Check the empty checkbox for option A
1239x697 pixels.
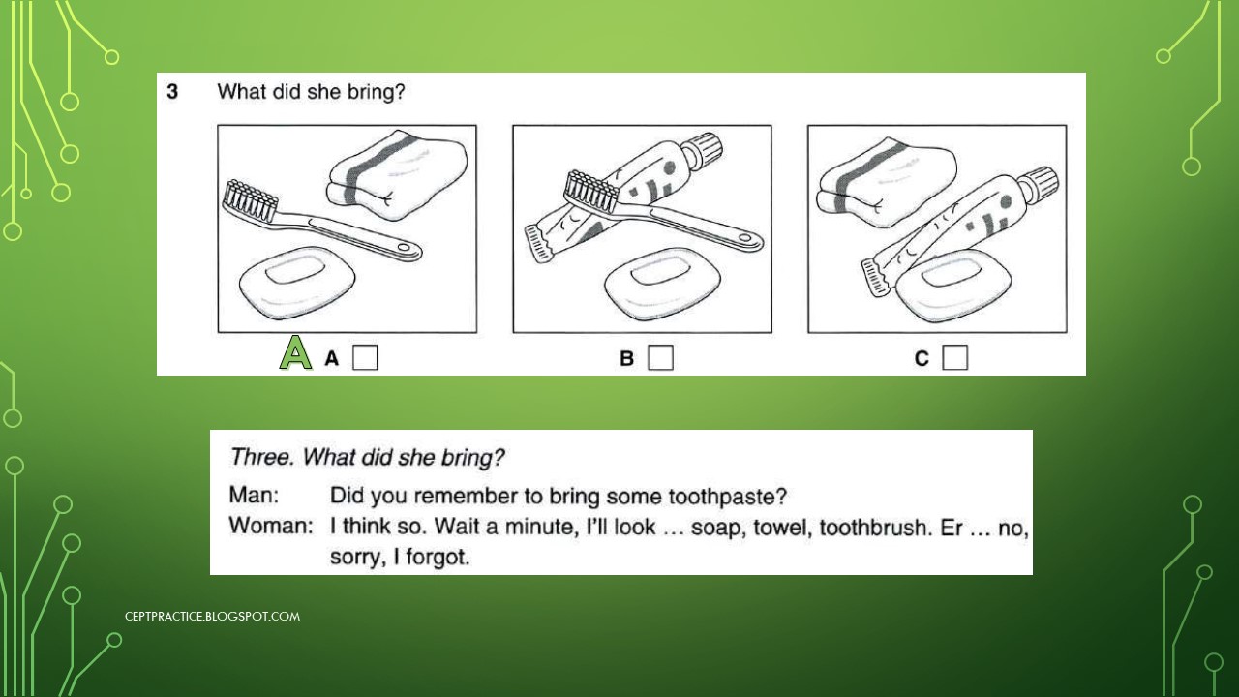365,358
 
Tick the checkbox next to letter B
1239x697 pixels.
660,358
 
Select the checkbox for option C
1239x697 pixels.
954,358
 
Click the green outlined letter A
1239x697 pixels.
295,353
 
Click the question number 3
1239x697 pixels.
171,92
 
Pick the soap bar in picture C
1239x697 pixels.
954,286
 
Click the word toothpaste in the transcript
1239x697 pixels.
727,497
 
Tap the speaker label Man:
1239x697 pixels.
254,496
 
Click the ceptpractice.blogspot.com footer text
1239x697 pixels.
212,616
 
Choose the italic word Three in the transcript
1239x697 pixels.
260,457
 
